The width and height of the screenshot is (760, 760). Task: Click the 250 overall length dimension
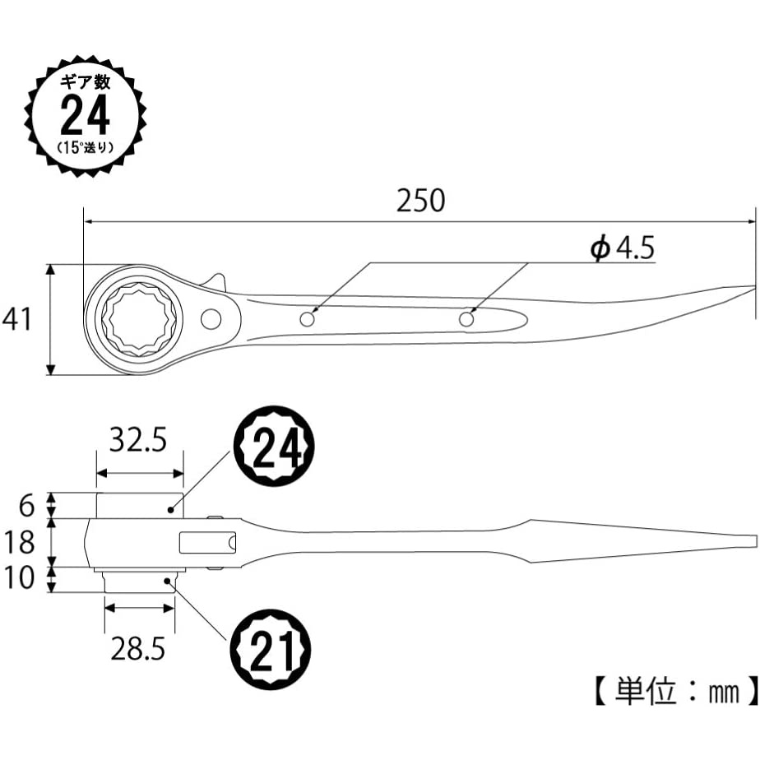point(420,201)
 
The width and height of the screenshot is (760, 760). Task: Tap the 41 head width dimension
point(17,318)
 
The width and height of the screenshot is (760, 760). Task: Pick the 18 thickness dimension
point(17,543)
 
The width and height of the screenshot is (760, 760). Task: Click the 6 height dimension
point(25,504)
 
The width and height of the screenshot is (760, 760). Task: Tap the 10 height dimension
point(17,578)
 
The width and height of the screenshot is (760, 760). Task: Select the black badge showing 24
point(275,449)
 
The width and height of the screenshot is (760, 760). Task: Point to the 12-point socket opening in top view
point(136,318)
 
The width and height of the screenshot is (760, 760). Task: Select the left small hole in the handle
point(308,318)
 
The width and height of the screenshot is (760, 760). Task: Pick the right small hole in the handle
point(467,318)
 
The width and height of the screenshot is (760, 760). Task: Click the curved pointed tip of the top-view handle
point(740,290)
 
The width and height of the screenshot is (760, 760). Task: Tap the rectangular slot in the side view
point(208,543)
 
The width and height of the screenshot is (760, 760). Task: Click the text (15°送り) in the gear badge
point(86,148)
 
